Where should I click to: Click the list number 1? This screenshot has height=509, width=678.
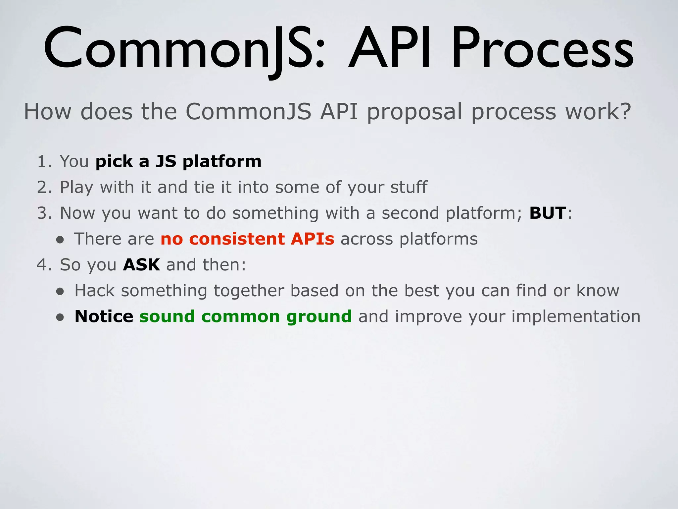coord(43,162)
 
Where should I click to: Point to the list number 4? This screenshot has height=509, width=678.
coord(43,265)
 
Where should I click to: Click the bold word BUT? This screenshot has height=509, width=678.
coord(548,213)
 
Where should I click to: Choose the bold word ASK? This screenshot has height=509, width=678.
coord(141,265)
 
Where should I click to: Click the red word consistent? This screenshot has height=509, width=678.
coord(237,239)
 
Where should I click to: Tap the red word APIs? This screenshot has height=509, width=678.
coord(313,239)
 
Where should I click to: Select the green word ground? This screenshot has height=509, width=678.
coord(319,317)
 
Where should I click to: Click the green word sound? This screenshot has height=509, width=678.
coord(167,317)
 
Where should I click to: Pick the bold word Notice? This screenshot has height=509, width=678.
coord(104,317)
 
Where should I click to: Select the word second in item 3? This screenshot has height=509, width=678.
coord(410,213)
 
